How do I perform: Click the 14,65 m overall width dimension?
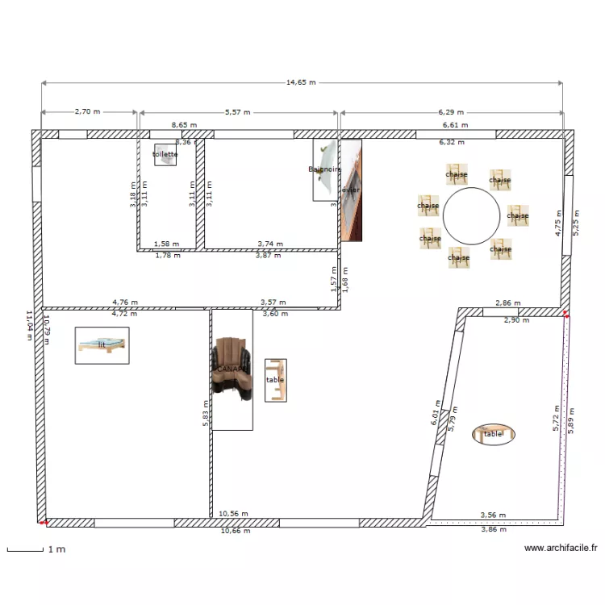[301, 82]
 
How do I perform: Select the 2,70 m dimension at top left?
[88, 112]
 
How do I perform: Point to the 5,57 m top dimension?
[237, 112]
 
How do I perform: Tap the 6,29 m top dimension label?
[451, 112]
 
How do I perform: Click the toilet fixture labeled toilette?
[165, 155]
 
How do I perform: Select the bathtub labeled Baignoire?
[325, 169]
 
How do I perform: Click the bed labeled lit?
[102, 344]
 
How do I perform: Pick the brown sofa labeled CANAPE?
[232, 369]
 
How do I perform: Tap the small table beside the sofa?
[275, 380]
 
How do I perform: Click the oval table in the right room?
[493, 434]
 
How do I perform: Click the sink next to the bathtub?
[352, 190]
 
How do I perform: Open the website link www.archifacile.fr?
[561, 548]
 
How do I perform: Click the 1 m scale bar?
[25, 551]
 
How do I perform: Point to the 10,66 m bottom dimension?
[235, 531]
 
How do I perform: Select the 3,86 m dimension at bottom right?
[493, 530]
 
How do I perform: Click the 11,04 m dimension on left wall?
[28, 325]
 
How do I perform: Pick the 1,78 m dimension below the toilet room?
[167, 256]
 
